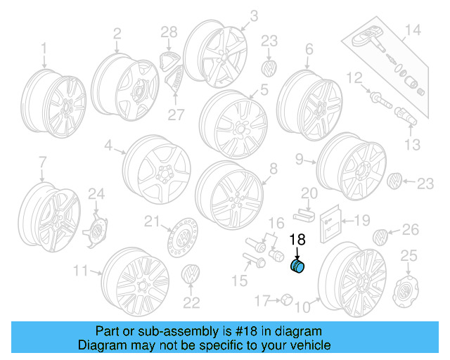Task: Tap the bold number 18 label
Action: tap(297, 240)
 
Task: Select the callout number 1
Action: tap(44, 48)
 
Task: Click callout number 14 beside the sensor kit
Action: tap(412, 30)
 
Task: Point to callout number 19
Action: tap(361, 221)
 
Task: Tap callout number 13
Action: tap(412, 145)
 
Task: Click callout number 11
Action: tap(81, 270)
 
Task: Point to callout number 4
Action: tap(109, 146)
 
